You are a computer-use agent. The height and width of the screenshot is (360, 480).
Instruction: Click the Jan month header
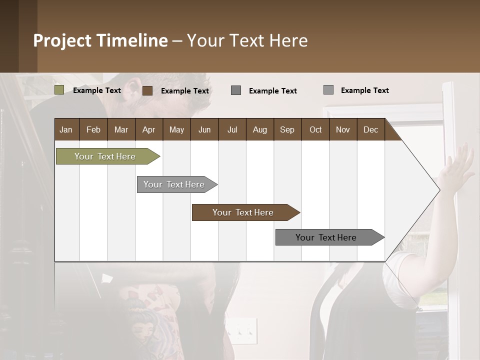(66, 129)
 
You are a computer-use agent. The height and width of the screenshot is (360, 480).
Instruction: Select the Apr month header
(148, 129)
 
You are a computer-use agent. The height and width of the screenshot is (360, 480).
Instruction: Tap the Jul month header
(232, 129)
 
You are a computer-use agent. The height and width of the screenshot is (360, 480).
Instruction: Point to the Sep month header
(287, 129)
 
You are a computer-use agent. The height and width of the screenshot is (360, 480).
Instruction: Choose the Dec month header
(370, 129)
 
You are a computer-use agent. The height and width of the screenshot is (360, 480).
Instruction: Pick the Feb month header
(93, 129)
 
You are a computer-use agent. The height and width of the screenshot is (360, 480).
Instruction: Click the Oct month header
(315, 129)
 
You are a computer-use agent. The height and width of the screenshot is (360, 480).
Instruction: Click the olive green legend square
(59, 90)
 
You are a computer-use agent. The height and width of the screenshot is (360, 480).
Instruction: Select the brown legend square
(147, 90)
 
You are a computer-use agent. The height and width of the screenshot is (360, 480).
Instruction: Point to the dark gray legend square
(236, 90)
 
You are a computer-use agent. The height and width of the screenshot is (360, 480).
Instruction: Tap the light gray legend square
(328, 90)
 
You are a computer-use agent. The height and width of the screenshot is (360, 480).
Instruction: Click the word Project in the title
(63, 40)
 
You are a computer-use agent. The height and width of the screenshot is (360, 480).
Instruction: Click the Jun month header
(204, 129)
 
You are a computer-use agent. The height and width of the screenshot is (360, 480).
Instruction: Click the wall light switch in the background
(242, 330)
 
